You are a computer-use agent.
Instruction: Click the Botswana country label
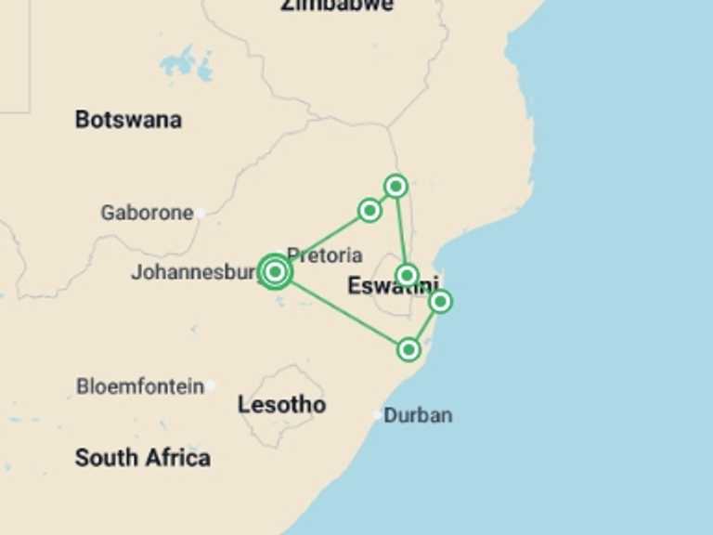click(x=128, y=120)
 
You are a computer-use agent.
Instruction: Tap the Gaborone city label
click(x=147, y=213)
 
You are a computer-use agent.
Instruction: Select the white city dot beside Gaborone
click(x=200, y=213)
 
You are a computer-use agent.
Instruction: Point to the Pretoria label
click(x=324, y=254)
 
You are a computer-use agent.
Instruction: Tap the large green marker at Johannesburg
click(x=275, y=272)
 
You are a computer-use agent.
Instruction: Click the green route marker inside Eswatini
click(x=408, y=275)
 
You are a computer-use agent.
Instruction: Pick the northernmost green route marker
click(x=396, y=186)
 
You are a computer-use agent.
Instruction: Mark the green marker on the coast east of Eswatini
click(x=441, y=301)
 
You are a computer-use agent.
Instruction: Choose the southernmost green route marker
click(x=408, y=349)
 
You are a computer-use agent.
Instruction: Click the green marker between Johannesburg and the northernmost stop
click(x=369, y=211)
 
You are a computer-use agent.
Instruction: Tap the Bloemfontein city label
click(x=139, y=386)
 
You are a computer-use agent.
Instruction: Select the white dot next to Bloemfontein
click(x=212, y=385)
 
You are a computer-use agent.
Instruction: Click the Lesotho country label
click(x=281, y=405)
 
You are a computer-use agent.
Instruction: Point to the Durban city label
click(x=418, y=415)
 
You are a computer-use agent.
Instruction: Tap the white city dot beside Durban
click(x=377, y=415)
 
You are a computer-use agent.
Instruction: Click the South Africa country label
click(x=142, y=458)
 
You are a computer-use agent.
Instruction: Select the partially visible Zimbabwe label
click(x=336, y=6)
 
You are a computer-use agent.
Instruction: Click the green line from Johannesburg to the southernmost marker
click(x=344, y=312)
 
